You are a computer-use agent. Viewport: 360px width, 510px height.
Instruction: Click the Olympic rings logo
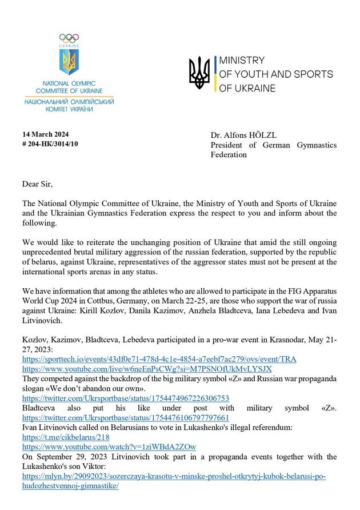pos(69,38)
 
